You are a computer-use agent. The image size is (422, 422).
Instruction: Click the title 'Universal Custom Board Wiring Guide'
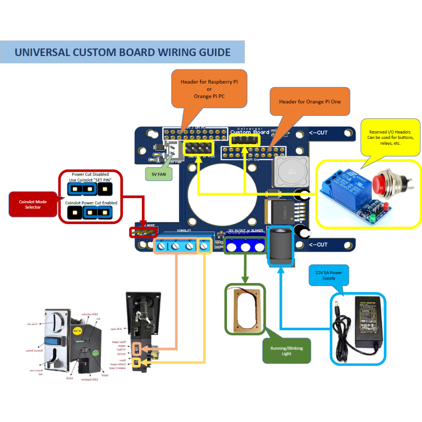[122, 52]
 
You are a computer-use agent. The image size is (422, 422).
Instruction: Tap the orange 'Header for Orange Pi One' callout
[310, 101]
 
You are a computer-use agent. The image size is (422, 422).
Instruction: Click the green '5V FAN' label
[159, 174]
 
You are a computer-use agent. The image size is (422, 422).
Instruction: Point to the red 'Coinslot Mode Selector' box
[33, 204]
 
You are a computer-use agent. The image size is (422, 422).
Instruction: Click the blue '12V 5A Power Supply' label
[329, 275]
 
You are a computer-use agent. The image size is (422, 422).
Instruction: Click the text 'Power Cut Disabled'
[90, 174]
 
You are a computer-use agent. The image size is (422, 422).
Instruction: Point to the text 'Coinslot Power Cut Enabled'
[91, 203]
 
